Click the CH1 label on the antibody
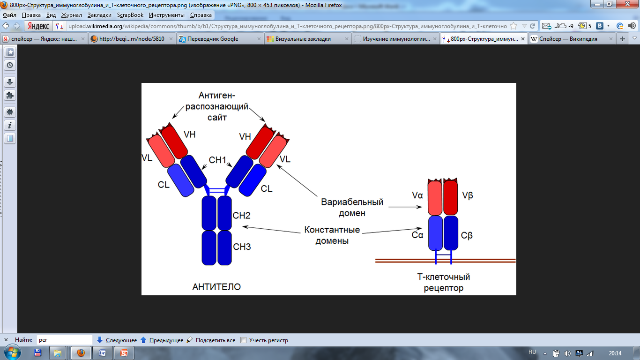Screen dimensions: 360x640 point(217,160)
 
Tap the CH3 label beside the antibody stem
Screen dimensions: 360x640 point(242,247)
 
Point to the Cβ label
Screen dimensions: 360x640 point(467,235)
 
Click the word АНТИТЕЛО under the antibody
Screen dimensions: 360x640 point(216,286)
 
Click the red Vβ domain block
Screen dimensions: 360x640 point(450,197)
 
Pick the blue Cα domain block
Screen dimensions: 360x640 point(436,233)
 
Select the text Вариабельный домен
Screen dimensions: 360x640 point(352,208)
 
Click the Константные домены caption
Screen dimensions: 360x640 point(332,235)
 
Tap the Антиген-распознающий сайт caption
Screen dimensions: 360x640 point(217,106)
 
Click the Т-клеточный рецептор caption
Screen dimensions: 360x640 point(443,283)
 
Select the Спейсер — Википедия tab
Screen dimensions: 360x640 point(568,39)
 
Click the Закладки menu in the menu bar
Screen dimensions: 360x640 point(99,15)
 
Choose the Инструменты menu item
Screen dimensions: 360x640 point(166,15)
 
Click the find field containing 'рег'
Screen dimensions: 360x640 point(64,340)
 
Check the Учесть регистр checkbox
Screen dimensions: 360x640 point(243,340)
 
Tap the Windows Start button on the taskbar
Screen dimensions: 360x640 point(11,352)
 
